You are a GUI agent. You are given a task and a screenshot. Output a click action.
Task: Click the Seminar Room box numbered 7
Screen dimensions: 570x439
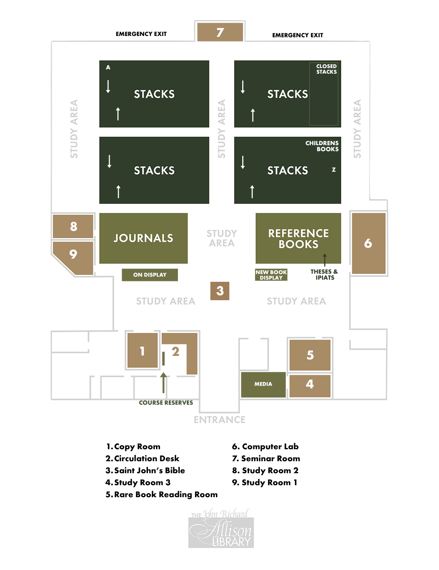(220, 32)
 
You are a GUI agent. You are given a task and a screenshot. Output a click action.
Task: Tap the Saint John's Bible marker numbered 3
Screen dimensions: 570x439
(220, 291)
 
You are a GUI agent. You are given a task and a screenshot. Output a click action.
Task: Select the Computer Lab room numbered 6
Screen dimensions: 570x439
(368, 243)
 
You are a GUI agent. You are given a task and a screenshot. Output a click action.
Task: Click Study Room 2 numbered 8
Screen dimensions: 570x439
(73, 226)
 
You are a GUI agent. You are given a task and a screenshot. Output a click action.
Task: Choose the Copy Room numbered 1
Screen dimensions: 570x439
(142, 351)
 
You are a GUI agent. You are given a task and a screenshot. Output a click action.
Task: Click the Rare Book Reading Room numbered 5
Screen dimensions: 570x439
(310, 355)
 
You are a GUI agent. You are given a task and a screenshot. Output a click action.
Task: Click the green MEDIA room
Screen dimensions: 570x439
(263, 384)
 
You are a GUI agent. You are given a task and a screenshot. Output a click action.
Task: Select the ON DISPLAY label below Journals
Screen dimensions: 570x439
(150, 275)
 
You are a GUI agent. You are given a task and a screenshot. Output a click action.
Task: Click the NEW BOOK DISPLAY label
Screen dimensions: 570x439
(271, 275)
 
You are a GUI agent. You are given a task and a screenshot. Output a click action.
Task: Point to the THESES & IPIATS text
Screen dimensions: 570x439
(324, 275)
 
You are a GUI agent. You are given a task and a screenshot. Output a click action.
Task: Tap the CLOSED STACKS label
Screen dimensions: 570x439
(326, 69)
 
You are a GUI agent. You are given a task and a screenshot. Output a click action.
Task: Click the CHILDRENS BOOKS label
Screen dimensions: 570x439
(322, 146)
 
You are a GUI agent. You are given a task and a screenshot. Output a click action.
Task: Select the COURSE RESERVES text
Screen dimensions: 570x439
(166, 403)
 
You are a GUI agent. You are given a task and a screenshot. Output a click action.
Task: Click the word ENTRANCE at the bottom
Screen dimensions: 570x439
(219, 420)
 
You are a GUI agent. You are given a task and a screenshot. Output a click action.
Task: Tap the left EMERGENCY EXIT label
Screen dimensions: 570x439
(141, 34)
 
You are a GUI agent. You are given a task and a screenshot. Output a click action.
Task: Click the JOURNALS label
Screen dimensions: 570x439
(143, 238)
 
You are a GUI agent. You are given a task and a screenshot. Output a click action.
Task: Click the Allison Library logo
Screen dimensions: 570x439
(221, 530)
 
